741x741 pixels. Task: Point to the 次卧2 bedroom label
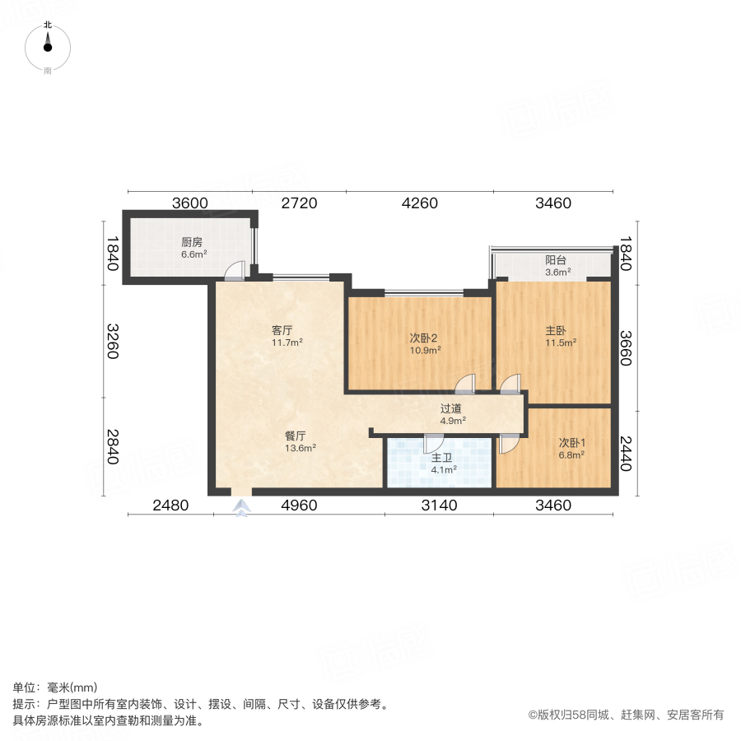[x=424, y=338]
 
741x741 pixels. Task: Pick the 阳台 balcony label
[x=556, y=260]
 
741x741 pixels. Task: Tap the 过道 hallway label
[x=451, y=408]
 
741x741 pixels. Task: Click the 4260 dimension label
[x=419, y=203]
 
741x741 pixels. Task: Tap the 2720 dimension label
[x=299, y=203]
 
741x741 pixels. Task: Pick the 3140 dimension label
[x=439, y=506]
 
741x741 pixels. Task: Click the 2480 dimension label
[x=170, y=506]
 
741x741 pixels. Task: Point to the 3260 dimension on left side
[x=112, y=339]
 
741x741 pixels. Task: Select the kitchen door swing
[x=236, y=270]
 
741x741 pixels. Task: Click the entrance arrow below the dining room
[x=241, y=510]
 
